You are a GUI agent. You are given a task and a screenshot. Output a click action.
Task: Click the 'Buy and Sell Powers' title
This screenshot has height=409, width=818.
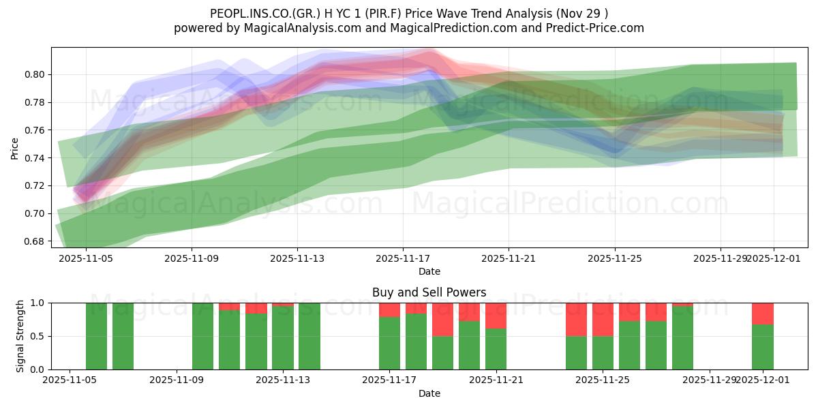pyautogui.click(x=429, y=292)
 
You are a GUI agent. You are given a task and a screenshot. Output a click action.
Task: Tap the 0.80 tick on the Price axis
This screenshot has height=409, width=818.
pyautogui.click(x=38, y=74)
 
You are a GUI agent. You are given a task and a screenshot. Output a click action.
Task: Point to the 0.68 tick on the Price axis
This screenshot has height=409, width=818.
pyautogui.click(x=38, y=241)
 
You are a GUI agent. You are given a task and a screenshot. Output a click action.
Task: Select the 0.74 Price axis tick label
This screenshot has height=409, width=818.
pyautogui.click(x=38, y=158)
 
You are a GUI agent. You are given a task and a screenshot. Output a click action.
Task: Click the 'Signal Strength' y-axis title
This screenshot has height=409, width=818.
pyautogui.click(x=20, y=336)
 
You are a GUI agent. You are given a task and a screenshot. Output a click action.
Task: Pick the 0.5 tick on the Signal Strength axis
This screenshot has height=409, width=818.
pyautogui.click(x=38, y=336)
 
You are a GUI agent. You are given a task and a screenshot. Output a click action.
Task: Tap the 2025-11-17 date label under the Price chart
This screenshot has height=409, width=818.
pyautogui.click(x=402, y=259)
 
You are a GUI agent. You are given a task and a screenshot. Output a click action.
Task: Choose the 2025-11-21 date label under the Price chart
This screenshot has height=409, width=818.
pyautogui.click(x=509, y=259)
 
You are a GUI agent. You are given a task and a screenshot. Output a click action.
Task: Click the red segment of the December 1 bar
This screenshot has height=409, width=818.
pyautogui.click(x=763, y=314)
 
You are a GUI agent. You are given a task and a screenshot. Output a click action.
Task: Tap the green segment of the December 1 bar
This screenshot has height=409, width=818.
pyautogui.click(x=763, y=347)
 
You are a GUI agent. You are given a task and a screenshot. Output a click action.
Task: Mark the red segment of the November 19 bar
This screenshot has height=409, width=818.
pyautogui.click(x=442, y=319)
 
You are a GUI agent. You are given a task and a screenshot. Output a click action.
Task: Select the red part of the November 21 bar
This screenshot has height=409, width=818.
pyautogui.click(x=496, y=316)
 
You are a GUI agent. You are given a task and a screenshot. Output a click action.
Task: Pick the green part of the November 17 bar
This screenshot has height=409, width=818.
pyautogui.click(x=389, y=344)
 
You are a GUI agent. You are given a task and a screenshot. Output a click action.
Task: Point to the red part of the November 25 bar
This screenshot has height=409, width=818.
pyautogui.click(x=603, y=319)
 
